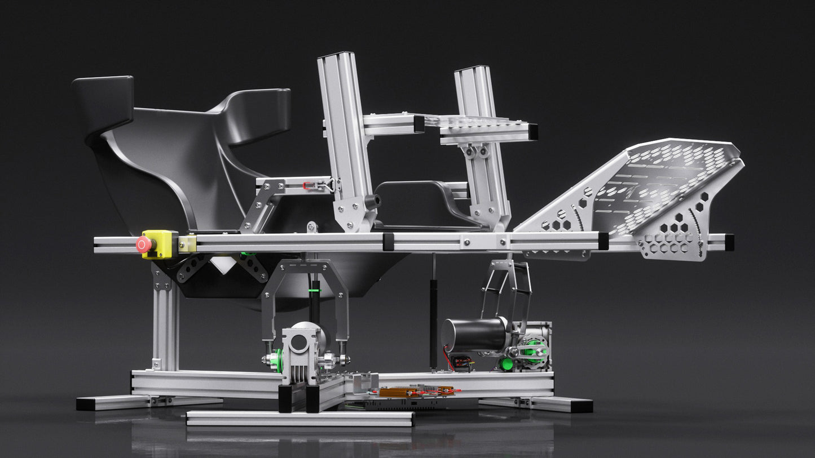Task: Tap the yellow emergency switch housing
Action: click(161, 244)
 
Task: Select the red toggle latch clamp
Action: click(309, 185)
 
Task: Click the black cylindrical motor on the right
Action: click(473, 335)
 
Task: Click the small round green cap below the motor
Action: click(506, 364)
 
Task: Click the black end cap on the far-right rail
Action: click(729, 242)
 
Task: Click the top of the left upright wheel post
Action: click(336, 56)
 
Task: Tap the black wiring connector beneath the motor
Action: click(462, 361)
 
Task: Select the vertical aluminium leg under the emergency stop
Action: click(165, 321)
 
